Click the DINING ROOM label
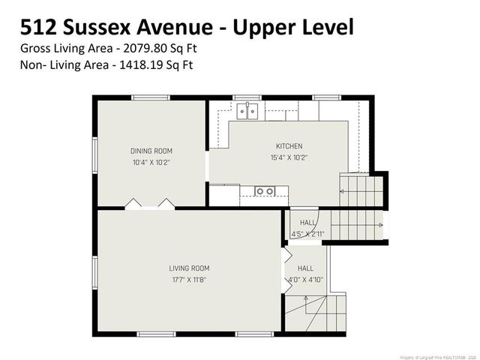coord(151,151)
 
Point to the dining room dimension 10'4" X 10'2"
coord(151,162)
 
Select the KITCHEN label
coord(289,146)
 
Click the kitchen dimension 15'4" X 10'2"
coord(289,157)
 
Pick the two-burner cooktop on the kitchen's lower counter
coord(264,191)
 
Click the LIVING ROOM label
coord(189,268)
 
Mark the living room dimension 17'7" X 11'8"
coord(189,279)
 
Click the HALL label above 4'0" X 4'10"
coord(305,268)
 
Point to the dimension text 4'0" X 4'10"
coord(305,279)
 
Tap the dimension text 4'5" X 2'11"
coord(307,234)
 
